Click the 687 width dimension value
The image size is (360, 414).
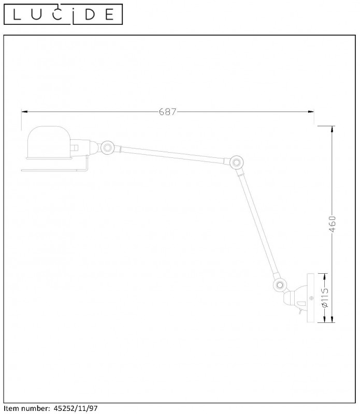(167, 112)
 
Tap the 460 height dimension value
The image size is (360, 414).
(332, 224)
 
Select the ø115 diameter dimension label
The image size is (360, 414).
(325, 298)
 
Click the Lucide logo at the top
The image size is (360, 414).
(63, 14)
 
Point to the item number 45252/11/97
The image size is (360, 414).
(76, 408)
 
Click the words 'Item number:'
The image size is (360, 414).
(27, 408)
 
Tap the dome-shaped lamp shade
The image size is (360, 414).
(49, 143)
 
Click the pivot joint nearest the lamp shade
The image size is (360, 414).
(108, 147)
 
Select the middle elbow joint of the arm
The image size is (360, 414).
(237, 162)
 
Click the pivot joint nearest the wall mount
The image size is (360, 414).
(280, 285)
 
